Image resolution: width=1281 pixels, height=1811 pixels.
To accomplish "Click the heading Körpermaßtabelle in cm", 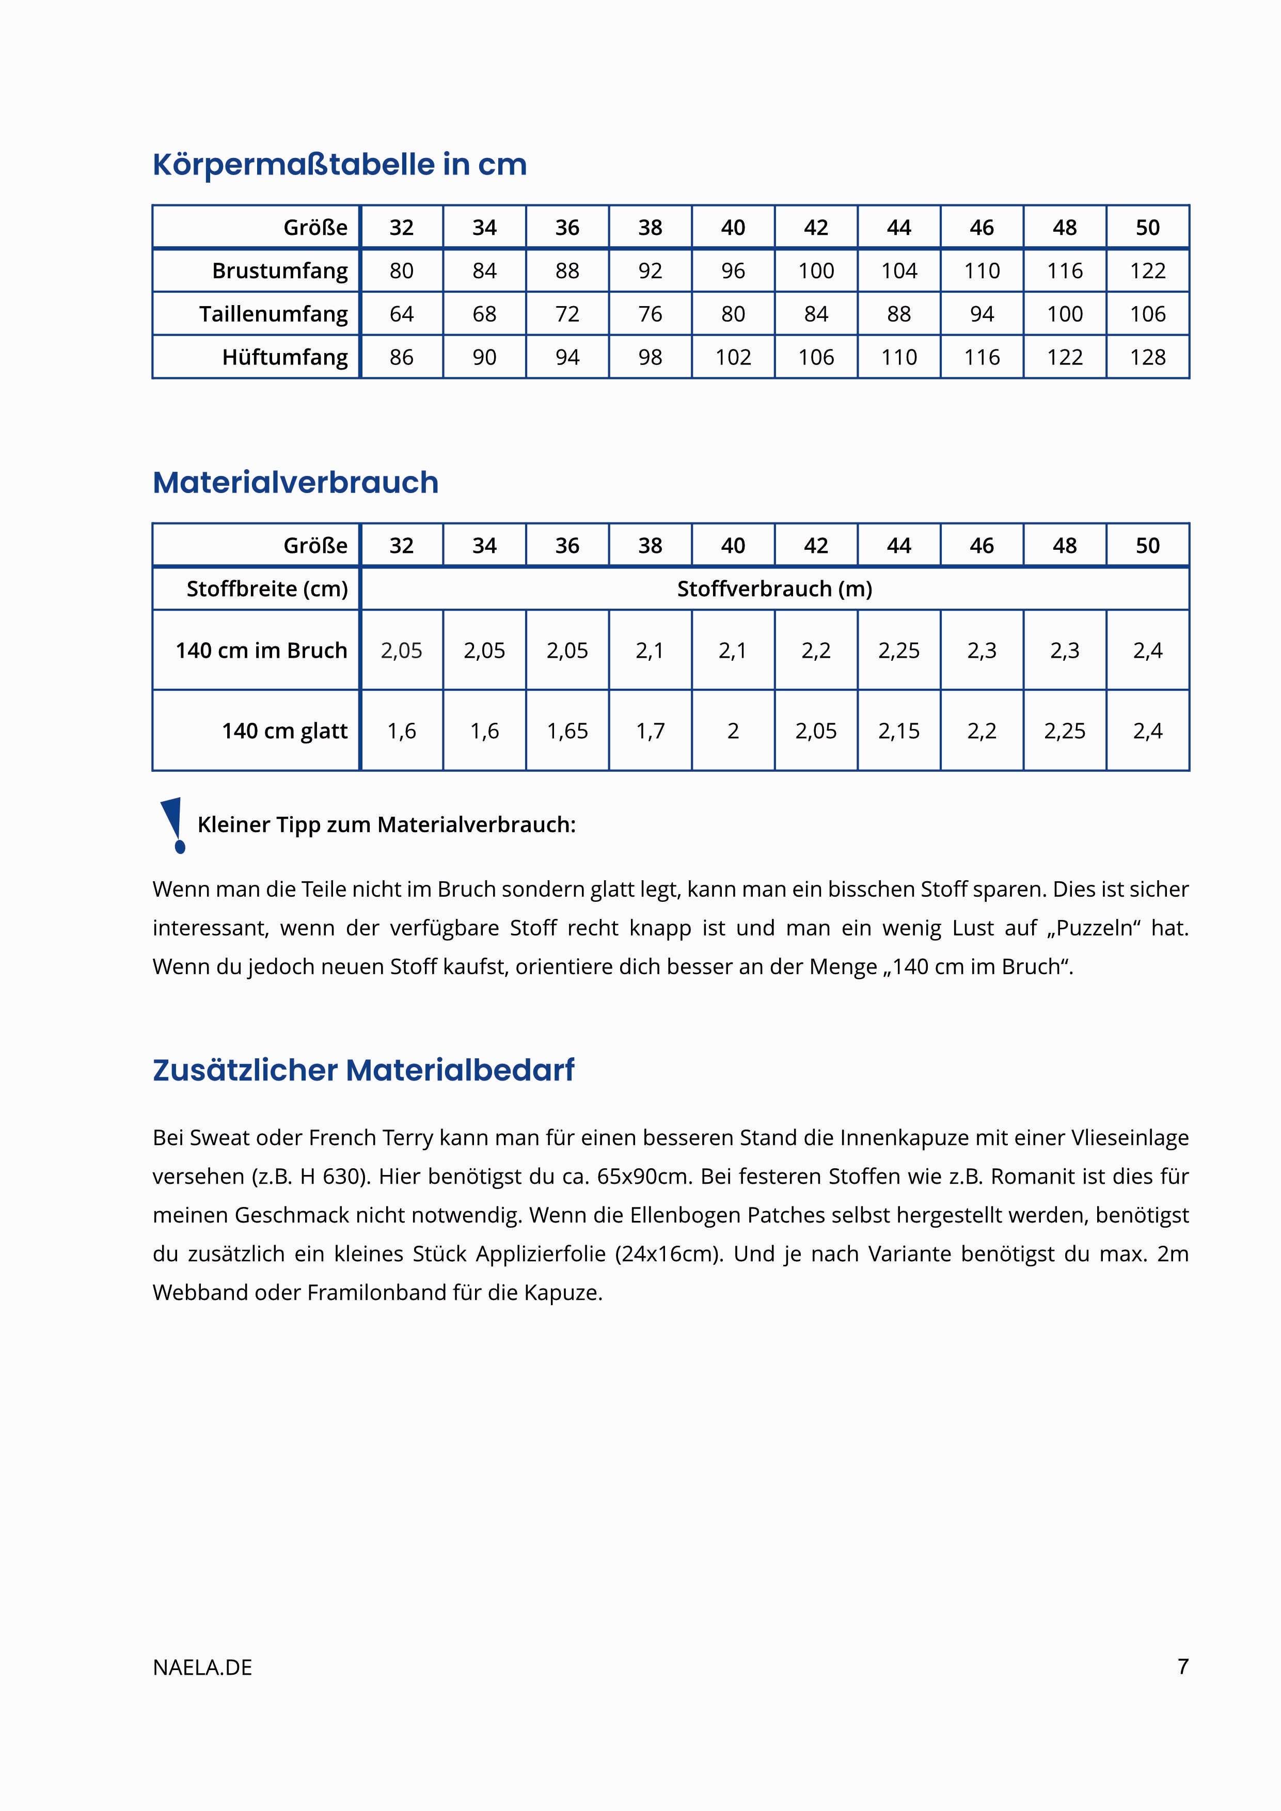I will click(339, 165).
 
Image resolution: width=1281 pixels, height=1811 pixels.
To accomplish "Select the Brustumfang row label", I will click(279, 271).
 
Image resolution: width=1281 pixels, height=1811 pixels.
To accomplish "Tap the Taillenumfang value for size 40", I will click(733, 314).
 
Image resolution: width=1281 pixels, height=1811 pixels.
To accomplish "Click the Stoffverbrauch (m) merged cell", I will click(774, 589).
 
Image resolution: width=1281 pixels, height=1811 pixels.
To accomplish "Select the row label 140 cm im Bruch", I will click(261, 650).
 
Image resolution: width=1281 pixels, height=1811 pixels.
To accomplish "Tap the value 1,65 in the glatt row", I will click(567, 730).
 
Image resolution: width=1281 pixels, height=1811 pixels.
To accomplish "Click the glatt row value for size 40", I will click(733, 730).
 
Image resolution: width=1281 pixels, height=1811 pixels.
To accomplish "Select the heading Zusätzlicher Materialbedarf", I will click(363, 1070).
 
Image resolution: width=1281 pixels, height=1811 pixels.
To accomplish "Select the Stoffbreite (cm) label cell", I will click(266, 589).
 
